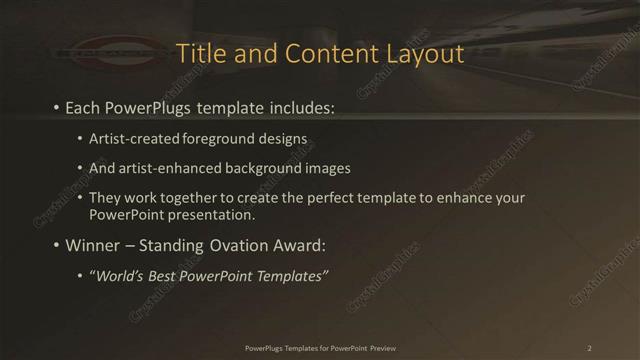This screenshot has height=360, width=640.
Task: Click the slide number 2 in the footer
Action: tap(589, 347)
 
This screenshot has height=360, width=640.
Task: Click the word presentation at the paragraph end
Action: tap(218, 214)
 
